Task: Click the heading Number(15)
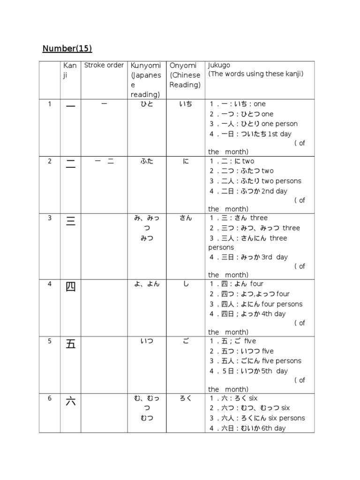[x=67, y=48]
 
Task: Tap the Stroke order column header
[x=104, y=65]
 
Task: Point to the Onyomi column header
[x=183, y=65]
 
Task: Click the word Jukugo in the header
[x=219, y=65]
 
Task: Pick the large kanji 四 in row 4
[x=71, y=287]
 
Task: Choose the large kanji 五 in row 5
[x=71, y=344]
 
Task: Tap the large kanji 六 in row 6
[x=71, y=401]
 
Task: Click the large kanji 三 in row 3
[x=71, y=221]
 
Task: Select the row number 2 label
[x=50, y=161]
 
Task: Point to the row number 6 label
[x=50, y=398]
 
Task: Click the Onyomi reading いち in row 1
[x=186, y=104]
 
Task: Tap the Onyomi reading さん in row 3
[x=186, y=218]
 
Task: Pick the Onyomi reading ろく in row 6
[x=186, y=398]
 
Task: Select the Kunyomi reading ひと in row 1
[x=147, y=104]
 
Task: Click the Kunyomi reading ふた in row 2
[x=147, y=161]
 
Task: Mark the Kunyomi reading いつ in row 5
[x=147, y=341]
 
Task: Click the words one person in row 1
[x=280, y=124]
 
